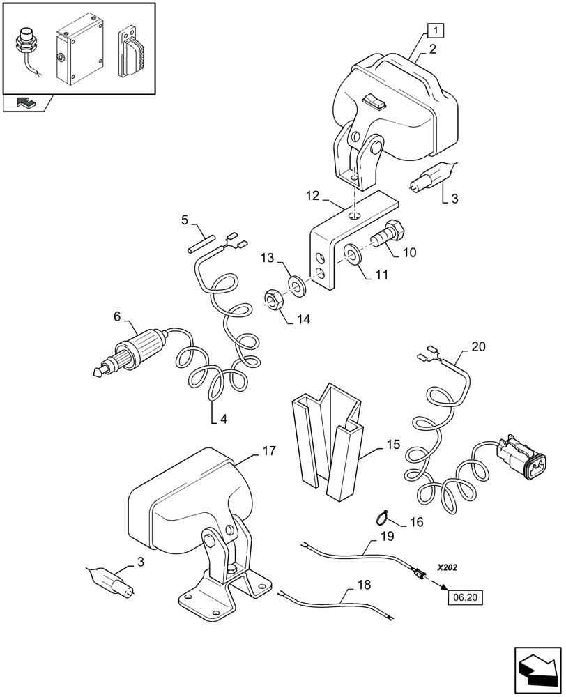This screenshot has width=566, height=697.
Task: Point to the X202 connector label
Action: [450, 568]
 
